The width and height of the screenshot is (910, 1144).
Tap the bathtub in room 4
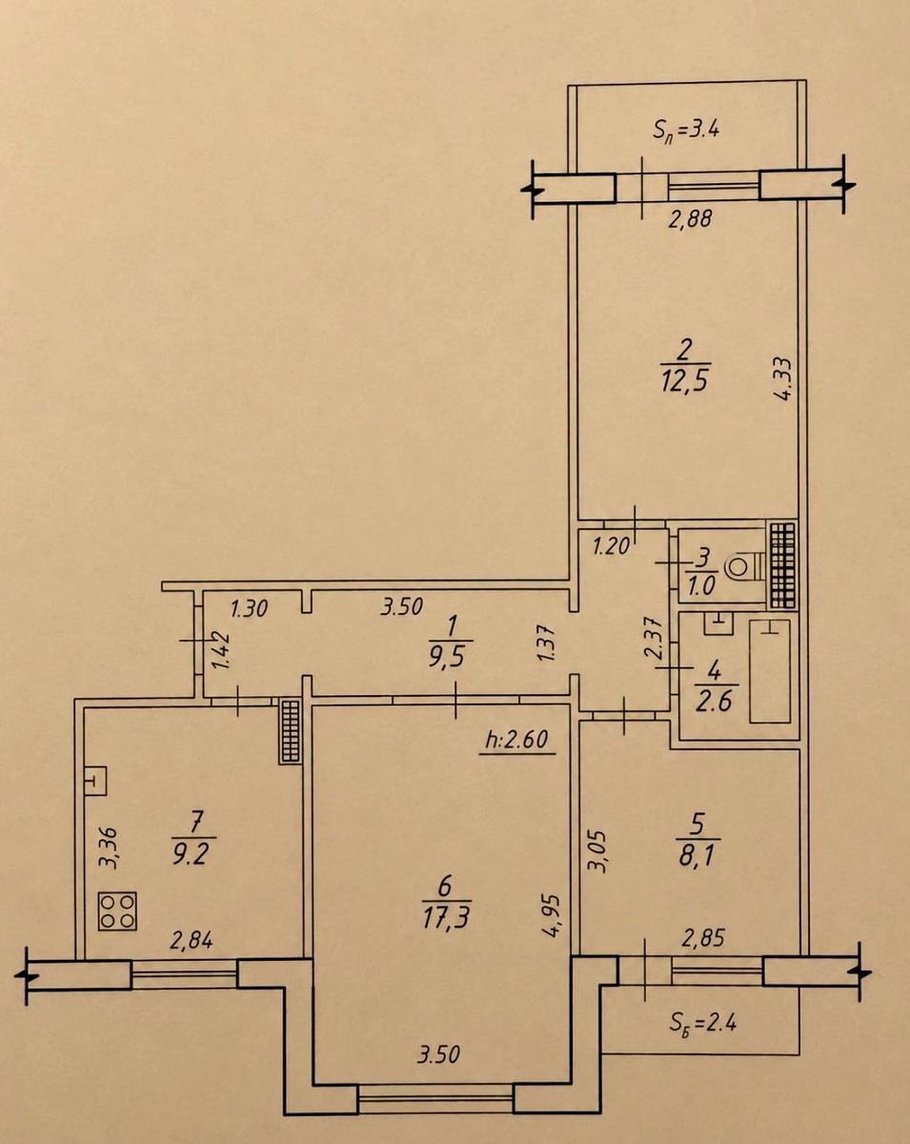pyautogui.click(x=770, y=671)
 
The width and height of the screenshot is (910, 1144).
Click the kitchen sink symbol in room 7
pyautogui.click(x=95, y=781)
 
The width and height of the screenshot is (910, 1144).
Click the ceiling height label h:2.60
pyautogui.click(x=516, y=740)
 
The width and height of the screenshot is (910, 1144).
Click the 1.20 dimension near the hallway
pyautogui.click(x=612, y=546)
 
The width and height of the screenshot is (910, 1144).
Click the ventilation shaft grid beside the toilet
pyautogui.click(x=783, y=565)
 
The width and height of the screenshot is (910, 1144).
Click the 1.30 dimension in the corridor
pyautogui.click(x=249, y=608)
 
